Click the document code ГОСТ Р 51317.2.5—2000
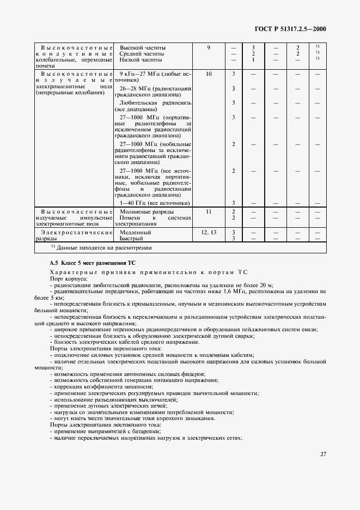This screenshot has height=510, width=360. click(x=294, y=30)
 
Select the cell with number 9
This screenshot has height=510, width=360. click(x=209, y=48)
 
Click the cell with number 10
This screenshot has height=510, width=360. click(x=209, y=74)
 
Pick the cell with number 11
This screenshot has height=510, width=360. click(x=209, y=211)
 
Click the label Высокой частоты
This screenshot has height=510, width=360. click(x=143, y=48)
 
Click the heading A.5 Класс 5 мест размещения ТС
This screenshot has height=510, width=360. click(x=88, y=263)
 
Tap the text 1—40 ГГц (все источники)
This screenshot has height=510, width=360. click(x=154, y=203)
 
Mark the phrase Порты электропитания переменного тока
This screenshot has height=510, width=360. click(x=98, y=348)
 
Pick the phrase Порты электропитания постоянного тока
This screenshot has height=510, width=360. click(x=98, y=424)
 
